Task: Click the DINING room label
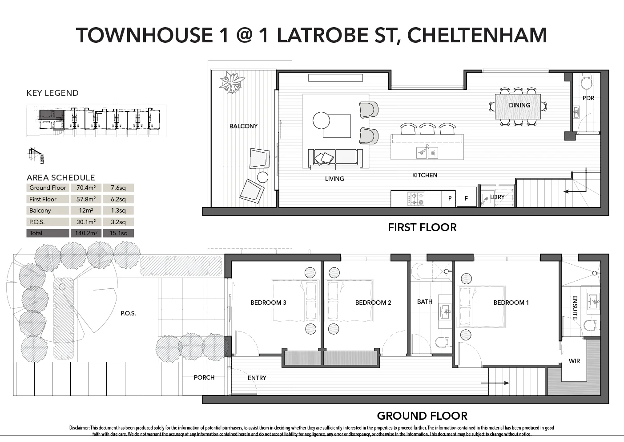point(519,105)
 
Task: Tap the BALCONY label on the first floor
point(243,126)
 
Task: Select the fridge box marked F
point(466,198)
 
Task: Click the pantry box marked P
point(450,198)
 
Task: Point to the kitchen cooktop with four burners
point(416,199)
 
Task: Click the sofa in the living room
point(335,159)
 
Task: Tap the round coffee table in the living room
point(321,120)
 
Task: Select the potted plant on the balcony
point(232,82)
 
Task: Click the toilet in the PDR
point(587,83)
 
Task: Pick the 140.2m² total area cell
point(86,233)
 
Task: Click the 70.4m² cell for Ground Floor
point(86,188)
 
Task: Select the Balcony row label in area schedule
point(40,210)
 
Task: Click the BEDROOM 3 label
point(268,303)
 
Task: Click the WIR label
point(574,361)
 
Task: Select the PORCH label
point(204,377)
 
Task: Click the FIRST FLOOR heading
point(422,227)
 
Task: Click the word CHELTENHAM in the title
point(477,36)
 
